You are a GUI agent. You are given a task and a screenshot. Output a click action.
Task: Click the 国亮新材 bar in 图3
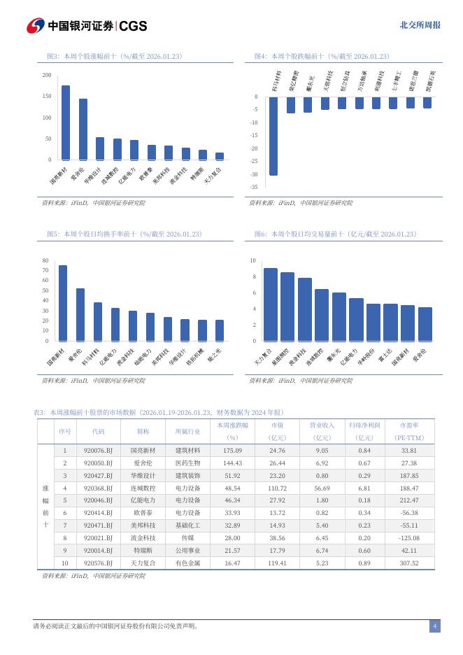66,122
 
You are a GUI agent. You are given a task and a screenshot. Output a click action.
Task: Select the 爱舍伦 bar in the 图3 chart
83,129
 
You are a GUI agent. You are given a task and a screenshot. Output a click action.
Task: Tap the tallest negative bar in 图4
273,136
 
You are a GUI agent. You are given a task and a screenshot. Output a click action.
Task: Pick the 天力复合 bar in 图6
270,304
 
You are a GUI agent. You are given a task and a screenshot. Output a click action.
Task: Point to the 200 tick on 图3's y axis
47,75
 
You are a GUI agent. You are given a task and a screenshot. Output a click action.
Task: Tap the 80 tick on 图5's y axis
45,260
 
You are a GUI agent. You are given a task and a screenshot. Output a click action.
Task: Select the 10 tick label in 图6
253,260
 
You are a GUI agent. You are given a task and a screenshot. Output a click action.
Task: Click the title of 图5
124,234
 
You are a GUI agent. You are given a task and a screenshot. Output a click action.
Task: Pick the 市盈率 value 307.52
408,563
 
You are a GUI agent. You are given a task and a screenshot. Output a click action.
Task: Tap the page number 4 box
434,626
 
